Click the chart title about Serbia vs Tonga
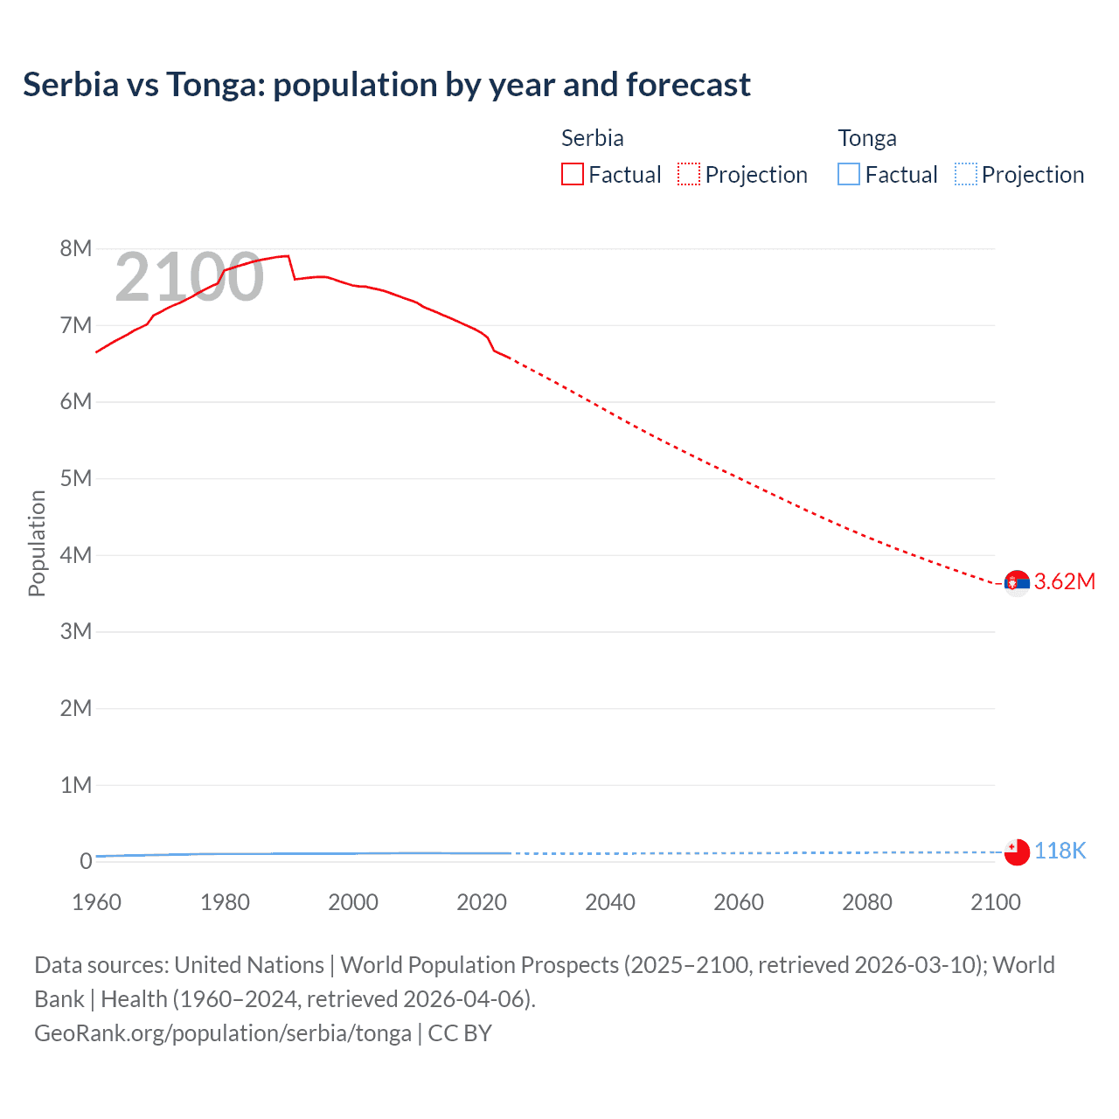pyautogui.click(x=386, y=85)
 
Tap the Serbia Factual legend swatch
pyautogui.click(x=572, y=174)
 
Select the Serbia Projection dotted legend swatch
pyautogui.click(x=689, y=174)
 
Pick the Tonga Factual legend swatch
pyautogui.click(x=848, y=174)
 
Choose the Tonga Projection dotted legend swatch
pyautogui.click(x=965, y=174)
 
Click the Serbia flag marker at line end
pyautogui.click(x=1017, y=582)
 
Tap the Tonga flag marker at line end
pyautogui.click(x=1017, y=851)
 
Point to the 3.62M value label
pyautogui.click(x=1064, y=582)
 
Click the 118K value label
pyautogui.click(x=1060, y=851)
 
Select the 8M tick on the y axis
pyautogui.click(x=76, y=248)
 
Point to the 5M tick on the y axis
pyautogui.click(x=76, y=478)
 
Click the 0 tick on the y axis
pyautogui.click(x=86, y=861)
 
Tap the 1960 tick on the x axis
pyautogui.click(x=96, y=902)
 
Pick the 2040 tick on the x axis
pyautogui.click(x=610, y=902)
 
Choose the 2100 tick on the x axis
pyautogui.click(x=995, y=902)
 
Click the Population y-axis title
pyautogui.click(x=37, y=543)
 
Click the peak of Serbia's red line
pyautogui.click(x=287, y=256)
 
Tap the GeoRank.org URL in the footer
pyautogui.click(x=223, y=1033)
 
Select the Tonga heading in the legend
pyautogui.click(x=867, y=138)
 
